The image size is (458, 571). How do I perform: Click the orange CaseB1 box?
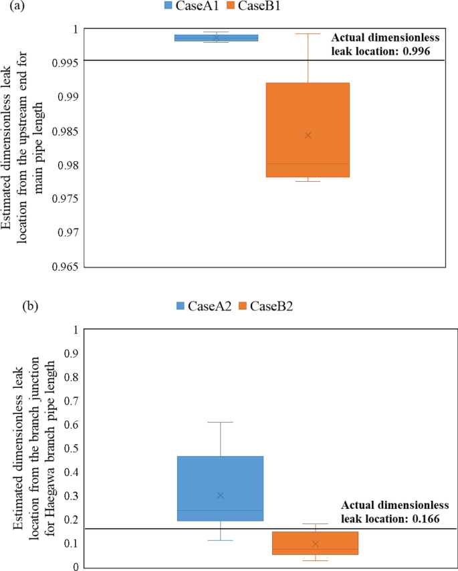pos(308,130)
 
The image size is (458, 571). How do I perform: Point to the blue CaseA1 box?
pos(216,38)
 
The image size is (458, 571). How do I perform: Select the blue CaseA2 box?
pos(219,488)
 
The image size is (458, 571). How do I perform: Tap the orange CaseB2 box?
pos(315,543)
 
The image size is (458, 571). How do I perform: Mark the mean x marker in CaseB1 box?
pos(308,135)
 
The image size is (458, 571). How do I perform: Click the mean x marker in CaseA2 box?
pos(220,495)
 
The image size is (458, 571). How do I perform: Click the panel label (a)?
pos(12,7)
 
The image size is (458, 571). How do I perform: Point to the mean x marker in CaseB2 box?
pos(316,544)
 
